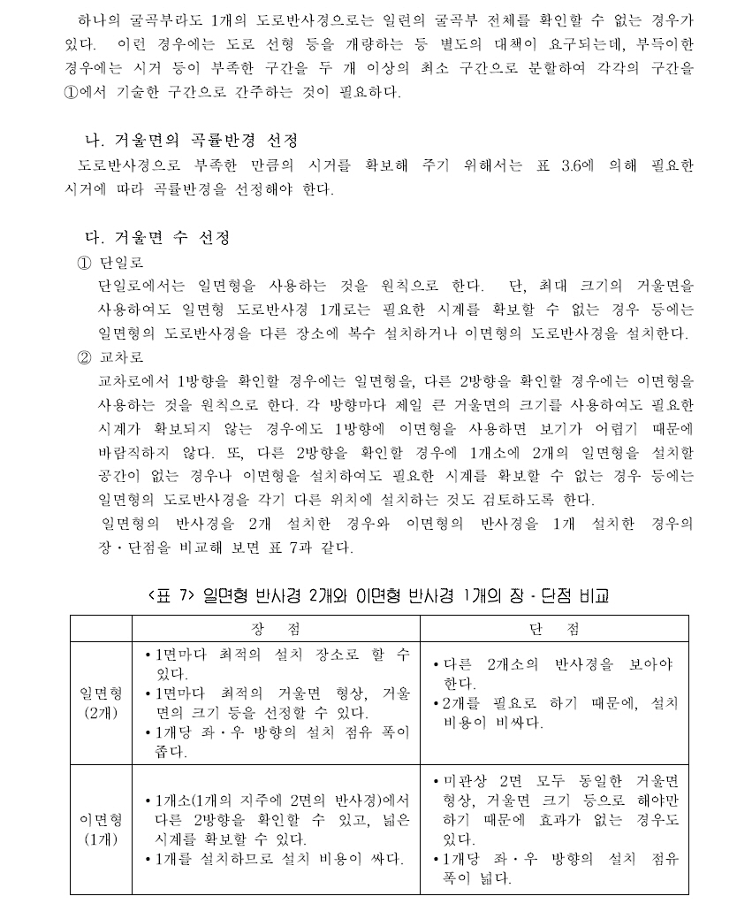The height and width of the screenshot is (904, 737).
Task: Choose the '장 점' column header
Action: coord(275,628)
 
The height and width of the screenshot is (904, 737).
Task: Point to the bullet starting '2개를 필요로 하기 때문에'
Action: coord(555,712)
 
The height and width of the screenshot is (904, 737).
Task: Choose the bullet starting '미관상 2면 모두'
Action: coord(555,809)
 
